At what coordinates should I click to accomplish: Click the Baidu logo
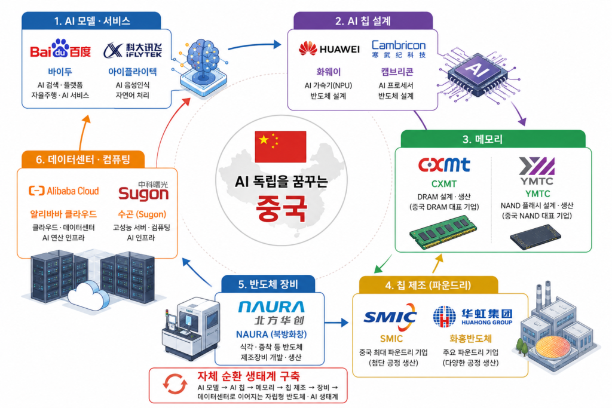pos(60,49)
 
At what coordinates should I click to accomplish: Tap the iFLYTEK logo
pos(133,50)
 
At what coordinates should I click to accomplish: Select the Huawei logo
pos(329,49)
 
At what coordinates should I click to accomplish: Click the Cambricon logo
pos(399,49)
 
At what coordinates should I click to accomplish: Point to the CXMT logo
pos(444,165)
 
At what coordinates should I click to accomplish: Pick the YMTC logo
pos(537,171)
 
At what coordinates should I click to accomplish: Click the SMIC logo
pos(390,317)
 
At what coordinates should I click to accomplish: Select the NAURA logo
pos(271,313)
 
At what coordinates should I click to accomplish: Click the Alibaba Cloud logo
pos(64,191)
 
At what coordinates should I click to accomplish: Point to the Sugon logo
pos(143,191)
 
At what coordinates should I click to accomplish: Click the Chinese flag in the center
pos(280,147)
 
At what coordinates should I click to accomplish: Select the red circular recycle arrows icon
pos(175,384)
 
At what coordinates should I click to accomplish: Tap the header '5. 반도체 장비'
pos(268,284)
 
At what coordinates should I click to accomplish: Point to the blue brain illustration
pos(203,66)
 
